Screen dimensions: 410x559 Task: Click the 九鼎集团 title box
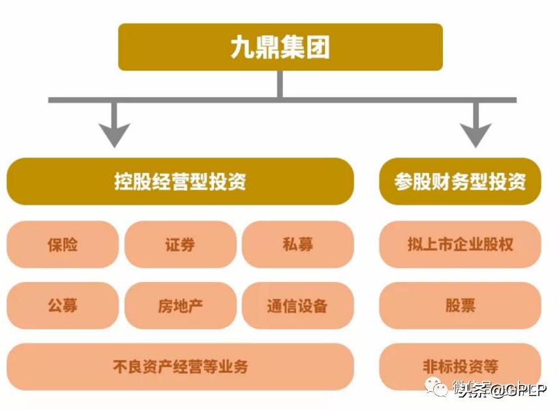tap(280, 47)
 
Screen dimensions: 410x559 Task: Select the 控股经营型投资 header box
tap(180, 181)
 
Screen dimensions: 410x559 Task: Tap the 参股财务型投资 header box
tap(460, 181)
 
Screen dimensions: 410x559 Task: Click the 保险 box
tap(63, 244)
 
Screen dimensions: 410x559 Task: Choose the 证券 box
tap(180, 244)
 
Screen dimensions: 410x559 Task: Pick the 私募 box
tap(297, 244)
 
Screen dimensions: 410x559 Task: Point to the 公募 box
tap(63, 305)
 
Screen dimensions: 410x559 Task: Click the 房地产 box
tap(180, 305)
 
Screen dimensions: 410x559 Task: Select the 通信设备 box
tap(297, 305)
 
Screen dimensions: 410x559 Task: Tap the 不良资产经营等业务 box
tap(180, 366)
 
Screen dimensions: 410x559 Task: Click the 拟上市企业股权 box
tap(460, 244)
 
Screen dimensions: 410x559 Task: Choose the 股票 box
tap(460, 305)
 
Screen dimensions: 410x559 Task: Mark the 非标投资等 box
tap(460, 366)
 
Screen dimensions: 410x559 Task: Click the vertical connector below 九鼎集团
tap(280, 84)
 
